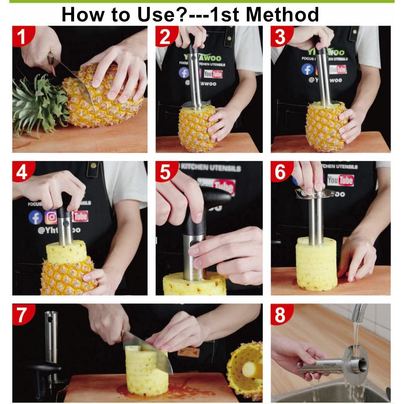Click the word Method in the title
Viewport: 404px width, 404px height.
(282, 14)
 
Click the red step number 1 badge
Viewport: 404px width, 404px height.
(21, 36)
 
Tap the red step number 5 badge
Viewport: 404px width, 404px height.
(165, 172)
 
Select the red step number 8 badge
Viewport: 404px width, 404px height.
(280, 314)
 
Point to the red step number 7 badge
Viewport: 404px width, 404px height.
(21, 314)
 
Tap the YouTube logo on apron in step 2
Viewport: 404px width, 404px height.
(213, 74)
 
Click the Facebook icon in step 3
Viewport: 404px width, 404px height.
(307, 69)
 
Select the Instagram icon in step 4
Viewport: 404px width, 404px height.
(51, 217)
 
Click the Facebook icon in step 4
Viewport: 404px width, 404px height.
(35, 218)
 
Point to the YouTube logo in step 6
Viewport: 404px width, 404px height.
(340, 180)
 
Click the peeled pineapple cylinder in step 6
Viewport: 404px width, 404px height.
(316, 267)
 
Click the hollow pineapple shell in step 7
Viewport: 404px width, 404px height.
(246, 370)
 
